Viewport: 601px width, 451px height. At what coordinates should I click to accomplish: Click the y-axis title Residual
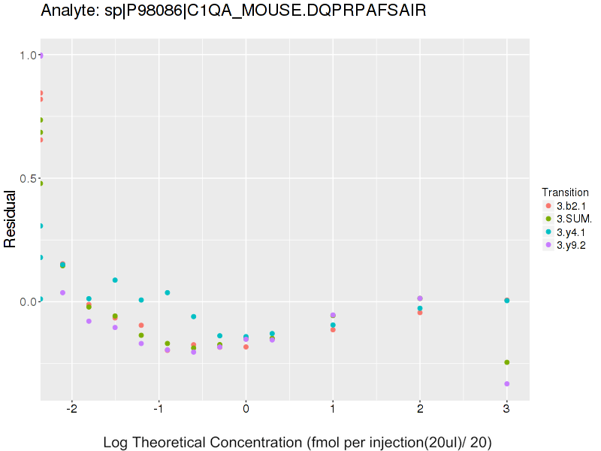pyautogui.click(x=11, y=219)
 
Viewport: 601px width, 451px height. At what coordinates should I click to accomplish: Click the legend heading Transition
pyautogui.click(x=565, y=192)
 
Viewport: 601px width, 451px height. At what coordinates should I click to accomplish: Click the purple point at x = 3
pyautogui.click(x=507, y=384)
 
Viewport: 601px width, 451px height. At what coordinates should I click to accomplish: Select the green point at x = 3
pyautogui.click(x=507, y=362)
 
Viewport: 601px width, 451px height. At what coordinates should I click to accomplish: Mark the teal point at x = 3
pyautogui.click(x=507, y=301)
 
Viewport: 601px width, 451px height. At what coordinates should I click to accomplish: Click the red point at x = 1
pyautogui.click(x=333, y=329)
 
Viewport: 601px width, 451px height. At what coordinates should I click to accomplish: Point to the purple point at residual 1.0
pyautogui.click(x=41, y=56)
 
